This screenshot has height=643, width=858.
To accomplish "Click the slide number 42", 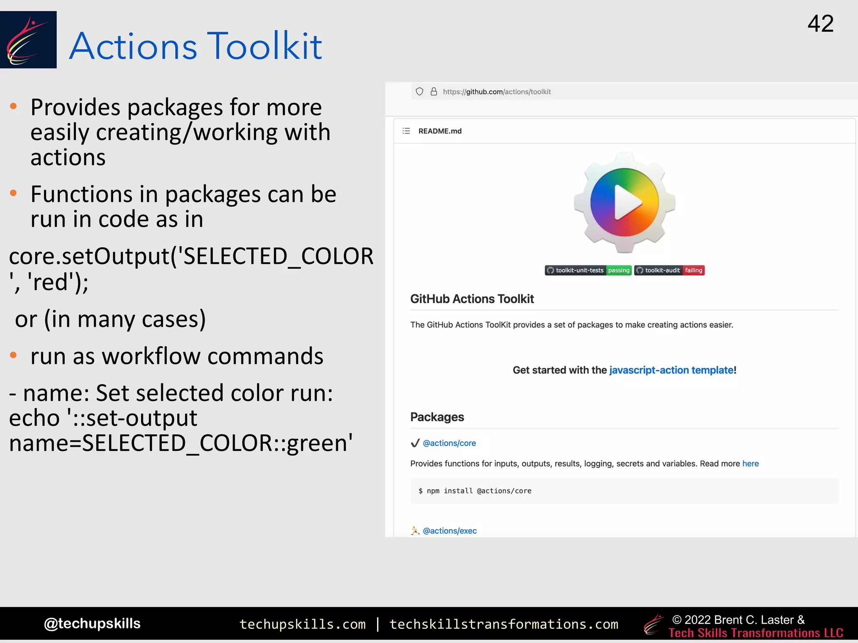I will pos(820,24).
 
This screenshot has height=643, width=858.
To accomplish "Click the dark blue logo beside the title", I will pos(28,40).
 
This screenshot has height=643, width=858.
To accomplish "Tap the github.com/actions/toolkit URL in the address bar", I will pos(496,92).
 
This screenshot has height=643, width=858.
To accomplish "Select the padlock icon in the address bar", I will pos(434,92).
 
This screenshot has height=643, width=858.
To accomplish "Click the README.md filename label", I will pos(439,131).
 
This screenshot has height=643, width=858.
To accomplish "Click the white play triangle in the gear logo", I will pos(627,203).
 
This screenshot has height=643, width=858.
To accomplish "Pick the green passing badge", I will pos(618,270).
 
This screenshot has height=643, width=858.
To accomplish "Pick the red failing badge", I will pos(693,270).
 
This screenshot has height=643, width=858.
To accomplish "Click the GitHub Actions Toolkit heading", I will pos(472,299).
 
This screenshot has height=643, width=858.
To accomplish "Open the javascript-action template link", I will pos(671,370).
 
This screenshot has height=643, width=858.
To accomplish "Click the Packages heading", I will pos(437,417).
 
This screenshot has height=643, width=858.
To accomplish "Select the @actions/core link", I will pos(449,443).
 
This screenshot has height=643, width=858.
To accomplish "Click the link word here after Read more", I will pos(750,463).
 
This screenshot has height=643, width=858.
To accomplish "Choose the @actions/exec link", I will pos(450,531).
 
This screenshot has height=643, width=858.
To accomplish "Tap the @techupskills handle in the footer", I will pos(92,623).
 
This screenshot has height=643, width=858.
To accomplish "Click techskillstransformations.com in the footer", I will pos(504,624).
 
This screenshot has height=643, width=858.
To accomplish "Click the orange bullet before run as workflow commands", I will pos(13,355).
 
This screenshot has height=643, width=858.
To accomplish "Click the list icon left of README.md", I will pos(406,131).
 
